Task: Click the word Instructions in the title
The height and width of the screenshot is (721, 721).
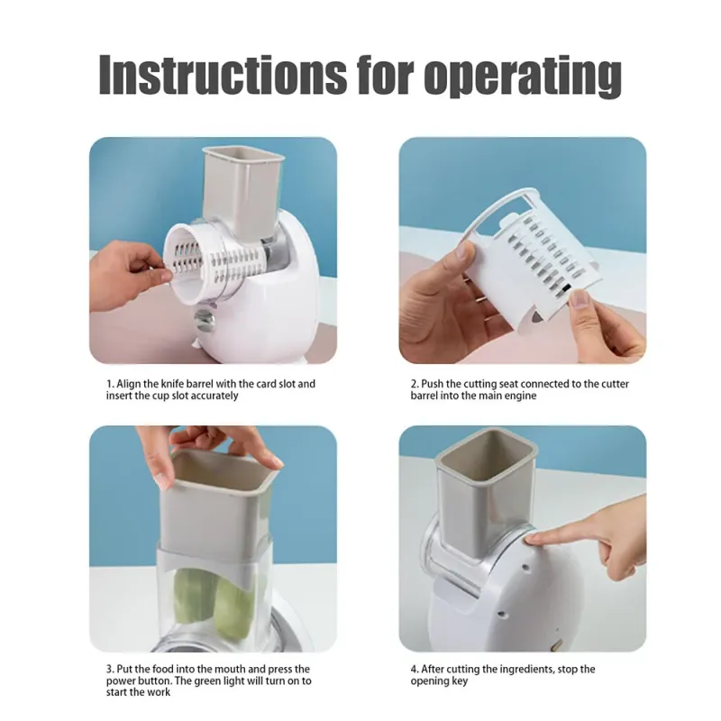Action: pyautogui.click(x=223, y=75)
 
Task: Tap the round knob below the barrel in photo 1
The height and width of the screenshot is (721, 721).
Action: pyautogui.click(x=204, y=320)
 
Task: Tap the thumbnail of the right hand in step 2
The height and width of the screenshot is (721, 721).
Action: pyautogui.click(x=580, y=299)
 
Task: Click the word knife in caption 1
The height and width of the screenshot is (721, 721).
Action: pyautogui.click(x=172, y=384)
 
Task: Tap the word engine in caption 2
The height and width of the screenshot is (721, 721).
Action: pyautogui.click(x=522, y=397)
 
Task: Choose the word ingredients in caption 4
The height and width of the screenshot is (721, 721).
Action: pyautogui.click(x=523, y=670)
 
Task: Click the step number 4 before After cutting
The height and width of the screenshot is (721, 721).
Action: pyautogui.click(x=414, y=670)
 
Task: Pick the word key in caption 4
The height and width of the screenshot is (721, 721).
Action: pyautogui.click(x=459, y=681)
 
